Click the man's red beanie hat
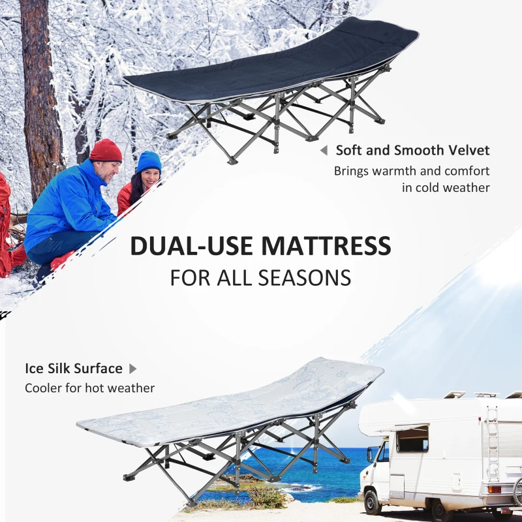pyautogui.click(x=106, y=151)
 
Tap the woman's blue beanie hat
pyautogui.click(x=149, y=161)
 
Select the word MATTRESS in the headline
pyautogui.click(x=326, y=246)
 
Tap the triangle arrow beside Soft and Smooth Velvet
pyautogui.click(x=323, y=151)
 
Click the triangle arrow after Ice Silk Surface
pyautogui.click(x=132, y=369)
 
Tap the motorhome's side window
pyautogui.click(x=412, y=438)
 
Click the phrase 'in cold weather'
pyautogui.click(x=446, y=188)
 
